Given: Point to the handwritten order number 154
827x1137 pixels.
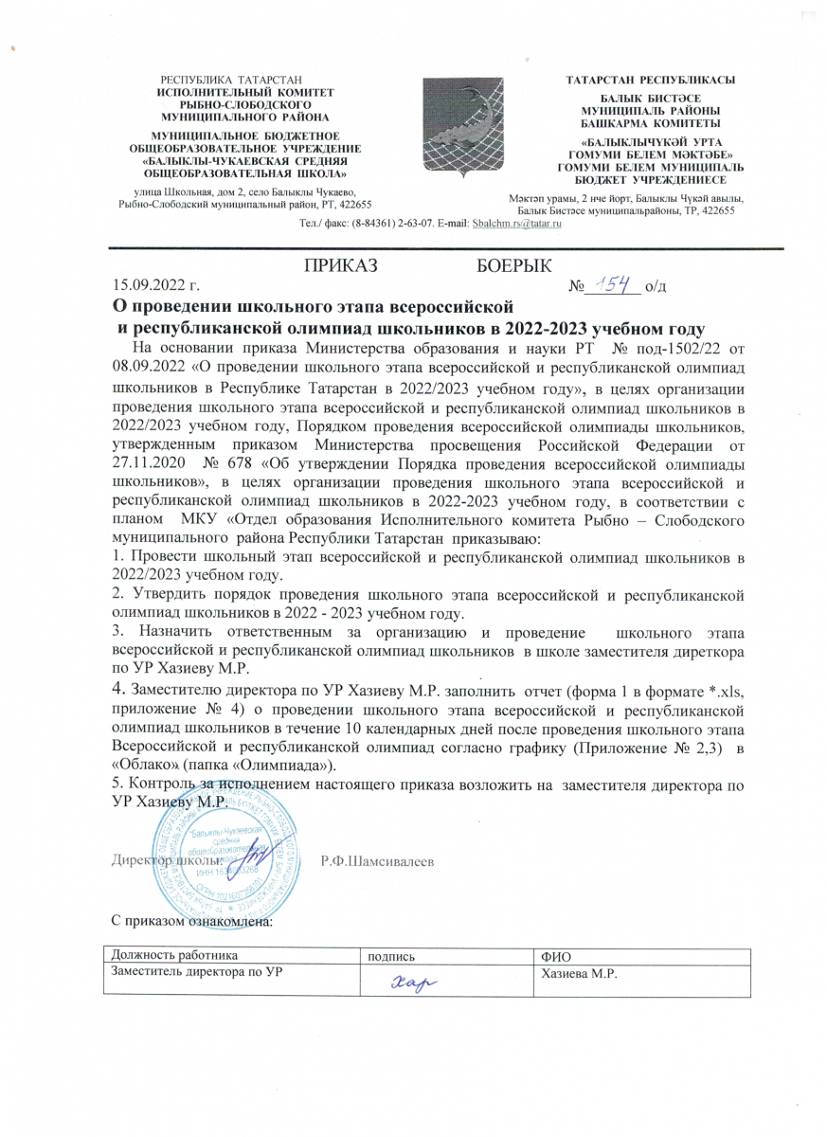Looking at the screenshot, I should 609,281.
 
